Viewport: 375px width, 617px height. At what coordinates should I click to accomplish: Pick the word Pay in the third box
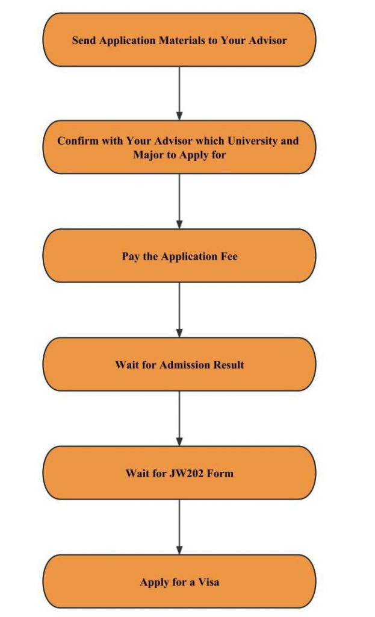pos(131,257)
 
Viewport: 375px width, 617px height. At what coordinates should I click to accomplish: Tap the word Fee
pos(229,257)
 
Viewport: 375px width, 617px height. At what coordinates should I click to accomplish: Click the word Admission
pos(185,365)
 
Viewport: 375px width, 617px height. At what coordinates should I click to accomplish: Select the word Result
pos(228,365)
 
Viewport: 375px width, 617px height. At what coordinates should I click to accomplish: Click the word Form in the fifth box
pos(220,473)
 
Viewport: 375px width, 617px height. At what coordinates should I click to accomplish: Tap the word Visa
pos(208,582)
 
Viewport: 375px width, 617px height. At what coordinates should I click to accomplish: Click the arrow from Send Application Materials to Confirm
pos(179,93)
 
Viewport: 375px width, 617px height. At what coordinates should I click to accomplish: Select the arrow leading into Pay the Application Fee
pos(179,201)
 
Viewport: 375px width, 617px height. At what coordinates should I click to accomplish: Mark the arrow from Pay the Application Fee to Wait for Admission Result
pos(179,310)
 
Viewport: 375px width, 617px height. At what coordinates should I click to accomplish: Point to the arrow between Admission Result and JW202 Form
pos(179,418)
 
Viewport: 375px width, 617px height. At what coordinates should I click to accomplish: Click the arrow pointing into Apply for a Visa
pos(179,527)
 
